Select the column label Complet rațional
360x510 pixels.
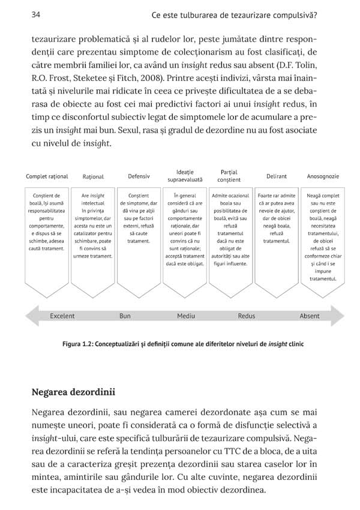coord(47,176)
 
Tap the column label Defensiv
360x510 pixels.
coord(139,176)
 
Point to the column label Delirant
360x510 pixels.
coord(277,176)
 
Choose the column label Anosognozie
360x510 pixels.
coord(323,176)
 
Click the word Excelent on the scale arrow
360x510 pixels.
coord(62,316)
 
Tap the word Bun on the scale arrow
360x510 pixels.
coord(125,316)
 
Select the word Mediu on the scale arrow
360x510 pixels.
coord(186,316)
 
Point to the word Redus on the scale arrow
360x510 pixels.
coord(247,316)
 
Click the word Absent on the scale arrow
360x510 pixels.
coord(310,316)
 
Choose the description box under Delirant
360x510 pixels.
coord(277,225)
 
